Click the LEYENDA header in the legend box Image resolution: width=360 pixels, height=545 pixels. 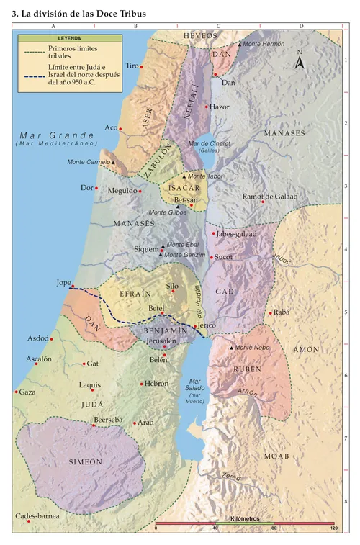[68, 37]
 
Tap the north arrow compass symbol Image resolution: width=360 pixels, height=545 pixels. [301, 63]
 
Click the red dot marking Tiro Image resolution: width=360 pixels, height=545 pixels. [141, 66]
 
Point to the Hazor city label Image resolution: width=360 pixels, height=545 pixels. [219, 107]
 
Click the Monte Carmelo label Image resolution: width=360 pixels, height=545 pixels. [87, 162]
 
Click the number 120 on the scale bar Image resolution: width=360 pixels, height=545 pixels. [333, 529]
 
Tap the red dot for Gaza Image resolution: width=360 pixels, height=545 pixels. [16, 392]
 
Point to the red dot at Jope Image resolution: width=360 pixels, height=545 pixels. [72, 286]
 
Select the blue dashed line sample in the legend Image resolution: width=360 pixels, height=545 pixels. [33, 76]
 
